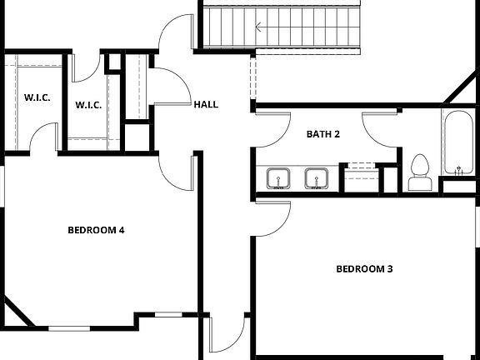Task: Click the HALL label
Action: pos(206,105)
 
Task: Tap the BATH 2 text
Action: pos(322,133)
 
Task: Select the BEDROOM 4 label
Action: pos(96,230)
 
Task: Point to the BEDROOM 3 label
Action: pos(364,268)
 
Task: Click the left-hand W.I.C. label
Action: pos(37,97)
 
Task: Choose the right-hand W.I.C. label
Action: pos(87,105)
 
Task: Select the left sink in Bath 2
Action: pos(277,178)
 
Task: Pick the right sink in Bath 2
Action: pos(315,178)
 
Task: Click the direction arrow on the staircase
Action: pos(260,27)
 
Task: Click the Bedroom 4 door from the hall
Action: pos(178,171)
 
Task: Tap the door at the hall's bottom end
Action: pos(225,333)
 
